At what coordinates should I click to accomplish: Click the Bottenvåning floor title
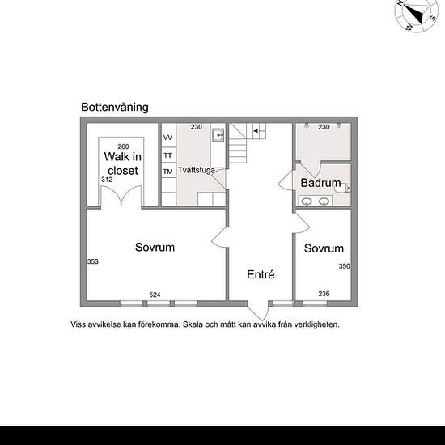tap(115, 108)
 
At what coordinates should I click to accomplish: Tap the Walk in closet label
tap(123, 163)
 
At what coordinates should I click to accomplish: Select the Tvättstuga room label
tap(197, 170)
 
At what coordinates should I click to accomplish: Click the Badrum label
tap(320, 183)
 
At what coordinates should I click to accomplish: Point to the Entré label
tap(261, 274)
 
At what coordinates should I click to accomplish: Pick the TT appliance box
tap(168, 155)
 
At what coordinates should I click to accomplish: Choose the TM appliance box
tap(168, 171)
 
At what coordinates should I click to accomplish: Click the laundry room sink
tap(218, 135)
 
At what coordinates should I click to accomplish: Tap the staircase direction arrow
tap(256, 131)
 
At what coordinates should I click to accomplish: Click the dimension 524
tap(155, 295)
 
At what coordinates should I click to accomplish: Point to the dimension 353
tap(93, 261)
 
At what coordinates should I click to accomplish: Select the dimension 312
tap(107, 180)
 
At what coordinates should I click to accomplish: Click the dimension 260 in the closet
tap(123, 146)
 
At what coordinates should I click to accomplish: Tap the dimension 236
tap(324, 294)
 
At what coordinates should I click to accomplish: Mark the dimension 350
tap(344, 266)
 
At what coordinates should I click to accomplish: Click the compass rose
tap(417, 15)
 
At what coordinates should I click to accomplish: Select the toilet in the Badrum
tap(342, 189)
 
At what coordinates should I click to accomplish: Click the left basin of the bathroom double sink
tap(307, 201)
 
